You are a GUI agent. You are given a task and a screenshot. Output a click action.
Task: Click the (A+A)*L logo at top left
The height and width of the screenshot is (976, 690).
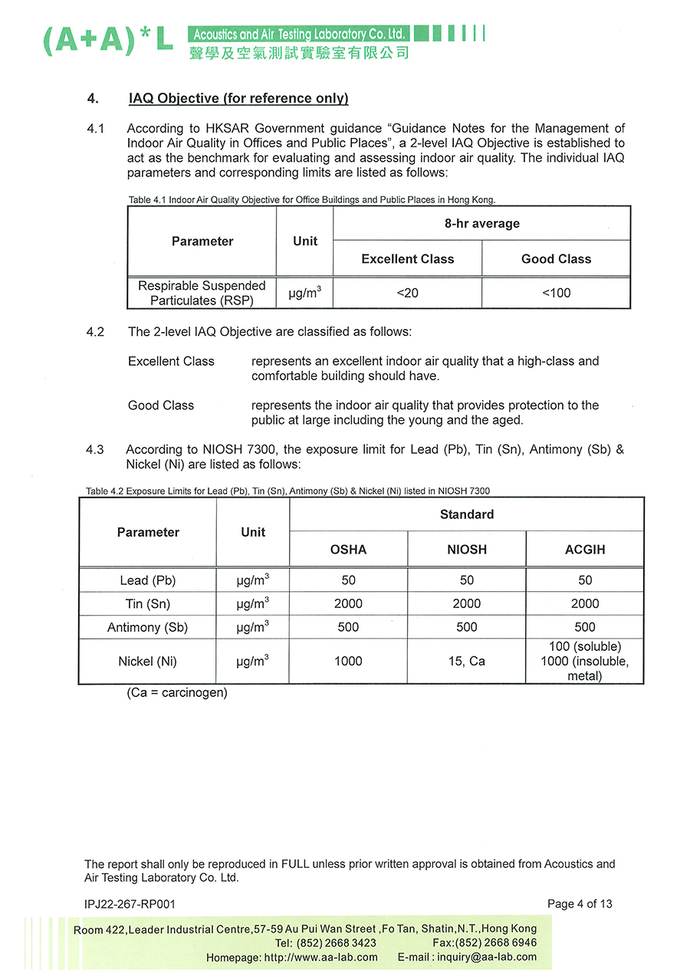pyautogui.click(x=107, y=41)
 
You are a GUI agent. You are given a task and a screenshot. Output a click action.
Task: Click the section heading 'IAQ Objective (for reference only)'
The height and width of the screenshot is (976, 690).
pyautogui.click(x=238, y=99)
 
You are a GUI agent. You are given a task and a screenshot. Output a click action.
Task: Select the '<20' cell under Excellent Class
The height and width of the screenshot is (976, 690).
pyautogui.click(x=407, y=293)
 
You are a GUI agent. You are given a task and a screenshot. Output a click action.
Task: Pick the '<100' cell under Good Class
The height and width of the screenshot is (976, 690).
pyautogui.click(x=556, y=293)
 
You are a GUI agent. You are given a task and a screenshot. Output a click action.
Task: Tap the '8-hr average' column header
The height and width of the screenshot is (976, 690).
pyautogui.click(x=481, y=224)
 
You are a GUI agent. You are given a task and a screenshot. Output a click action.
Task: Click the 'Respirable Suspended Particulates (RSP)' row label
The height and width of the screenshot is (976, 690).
pyautogui.click(x=202, y=293)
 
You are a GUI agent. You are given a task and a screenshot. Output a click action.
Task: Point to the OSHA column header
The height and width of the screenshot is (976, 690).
pyautogui.click(x=348, y=550)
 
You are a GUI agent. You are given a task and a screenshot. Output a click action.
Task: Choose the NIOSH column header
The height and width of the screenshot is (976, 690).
pyautogui.click(x=467, y=550)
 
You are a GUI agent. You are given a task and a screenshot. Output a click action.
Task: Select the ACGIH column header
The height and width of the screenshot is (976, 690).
pyautogui.click(x=584, y=550)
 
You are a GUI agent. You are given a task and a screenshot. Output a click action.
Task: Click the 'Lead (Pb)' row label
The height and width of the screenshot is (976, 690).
pyautogui.click(x=148, y=580)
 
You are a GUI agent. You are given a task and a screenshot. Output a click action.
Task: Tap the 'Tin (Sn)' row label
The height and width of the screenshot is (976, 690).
pyautogui.click(x=148, y=604)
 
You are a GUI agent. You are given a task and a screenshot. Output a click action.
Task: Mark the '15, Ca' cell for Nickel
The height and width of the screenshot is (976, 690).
pyautogui.click(x=467, y=661)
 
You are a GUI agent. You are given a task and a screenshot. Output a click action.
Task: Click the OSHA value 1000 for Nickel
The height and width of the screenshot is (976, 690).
pyautogui.click(x=348, y=661)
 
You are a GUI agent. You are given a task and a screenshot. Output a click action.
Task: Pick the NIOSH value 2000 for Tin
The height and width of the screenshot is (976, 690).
pyautogui.click(x=467, y=604)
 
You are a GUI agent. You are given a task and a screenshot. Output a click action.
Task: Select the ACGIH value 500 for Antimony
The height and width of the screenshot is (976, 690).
pyautogui.click(x=584, y=627)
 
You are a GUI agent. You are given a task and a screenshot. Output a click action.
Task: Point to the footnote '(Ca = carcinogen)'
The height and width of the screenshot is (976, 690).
pyautogui.click(x=177, y=693)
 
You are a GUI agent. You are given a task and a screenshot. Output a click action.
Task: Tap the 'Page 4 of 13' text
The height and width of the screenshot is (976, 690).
pyautogui.click(x=580, y=904)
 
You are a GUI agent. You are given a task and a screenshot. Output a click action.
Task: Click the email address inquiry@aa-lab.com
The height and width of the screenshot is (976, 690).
pyautogui.click(x=487, y=958)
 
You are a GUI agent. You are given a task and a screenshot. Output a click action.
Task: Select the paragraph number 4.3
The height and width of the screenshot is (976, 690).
pyautogui.click(x=95, y=450)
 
